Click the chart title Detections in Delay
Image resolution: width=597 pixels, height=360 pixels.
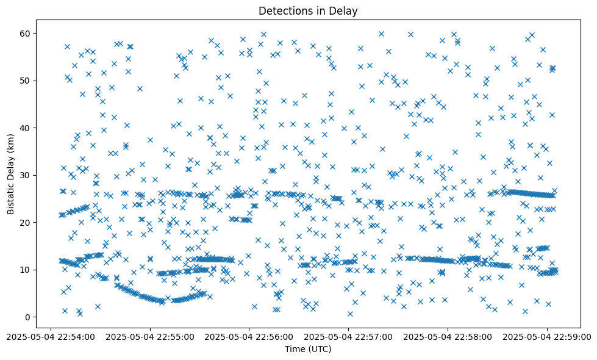(x=307, y=10)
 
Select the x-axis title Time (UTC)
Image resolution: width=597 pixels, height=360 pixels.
(x=307, y=349)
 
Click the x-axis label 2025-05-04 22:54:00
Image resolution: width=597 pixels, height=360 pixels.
(x=51, y=336)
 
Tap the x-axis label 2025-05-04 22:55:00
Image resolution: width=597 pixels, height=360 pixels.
(x=150, y=336)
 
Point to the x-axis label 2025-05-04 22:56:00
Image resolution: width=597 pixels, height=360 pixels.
(x=249, y=336)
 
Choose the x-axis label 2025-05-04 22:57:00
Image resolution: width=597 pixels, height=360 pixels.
(x=349, y=336)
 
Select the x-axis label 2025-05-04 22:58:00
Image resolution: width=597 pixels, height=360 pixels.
(x=448, y=336)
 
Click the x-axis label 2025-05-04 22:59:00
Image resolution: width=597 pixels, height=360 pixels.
(x=548, y=336)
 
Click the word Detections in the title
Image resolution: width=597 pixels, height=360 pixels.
(x=284, y=10)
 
